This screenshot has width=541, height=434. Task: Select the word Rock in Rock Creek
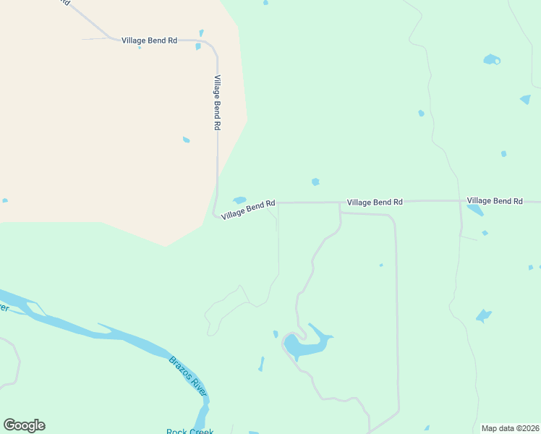point(176,432)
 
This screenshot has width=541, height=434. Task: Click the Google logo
point(24,425)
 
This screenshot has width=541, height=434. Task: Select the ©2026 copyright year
point(527,428)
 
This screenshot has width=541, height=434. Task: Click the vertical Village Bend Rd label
point(216,102)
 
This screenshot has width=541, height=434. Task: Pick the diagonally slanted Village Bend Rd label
point(248,210)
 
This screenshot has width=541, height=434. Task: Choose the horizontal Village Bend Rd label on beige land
point(149,41)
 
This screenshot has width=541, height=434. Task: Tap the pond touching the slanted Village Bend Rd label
point(239,200)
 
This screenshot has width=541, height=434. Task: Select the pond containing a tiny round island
point(492,59)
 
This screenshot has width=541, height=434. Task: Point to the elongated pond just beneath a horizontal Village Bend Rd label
point(475,210)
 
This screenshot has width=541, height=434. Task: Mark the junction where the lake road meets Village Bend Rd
point(340,203)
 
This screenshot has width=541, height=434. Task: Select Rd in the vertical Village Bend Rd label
point(216,124)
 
